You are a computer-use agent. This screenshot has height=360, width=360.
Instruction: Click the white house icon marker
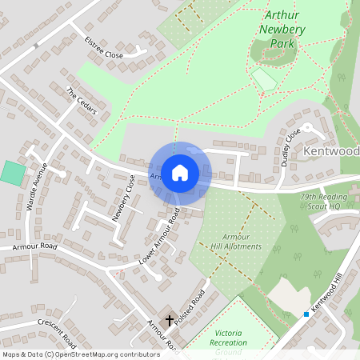point(179,172)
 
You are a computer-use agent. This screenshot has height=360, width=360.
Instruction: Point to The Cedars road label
point(81,101)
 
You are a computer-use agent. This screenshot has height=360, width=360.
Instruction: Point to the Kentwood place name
point(331,150)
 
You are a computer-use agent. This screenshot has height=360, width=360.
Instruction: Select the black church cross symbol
point(170,321)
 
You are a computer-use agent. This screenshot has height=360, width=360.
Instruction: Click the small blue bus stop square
point(306,314)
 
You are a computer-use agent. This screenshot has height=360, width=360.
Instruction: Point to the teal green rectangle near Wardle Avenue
point(13,172)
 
